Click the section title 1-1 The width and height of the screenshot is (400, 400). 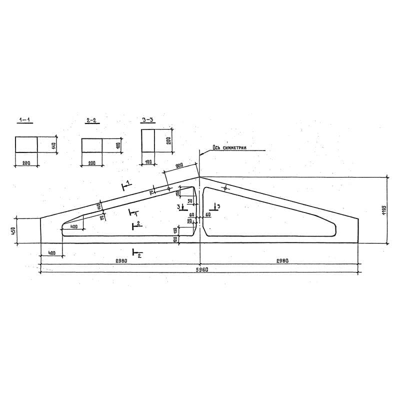(x=24, y=120)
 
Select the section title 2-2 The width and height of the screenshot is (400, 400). (x=91, y=120)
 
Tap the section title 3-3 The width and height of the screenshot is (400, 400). (x=147, y=120)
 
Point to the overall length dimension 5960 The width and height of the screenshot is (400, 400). (x=201, y=269)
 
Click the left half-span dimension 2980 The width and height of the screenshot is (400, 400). (x=120, y=260)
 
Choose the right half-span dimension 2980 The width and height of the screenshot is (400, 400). (x=278, y=260)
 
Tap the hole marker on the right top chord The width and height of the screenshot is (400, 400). (x=226, y=188)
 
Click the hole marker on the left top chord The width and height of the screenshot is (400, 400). (x=169, y=189)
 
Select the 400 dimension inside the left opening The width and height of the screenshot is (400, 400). (x=73, y=226)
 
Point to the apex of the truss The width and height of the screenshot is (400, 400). (x=199, y=176)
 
